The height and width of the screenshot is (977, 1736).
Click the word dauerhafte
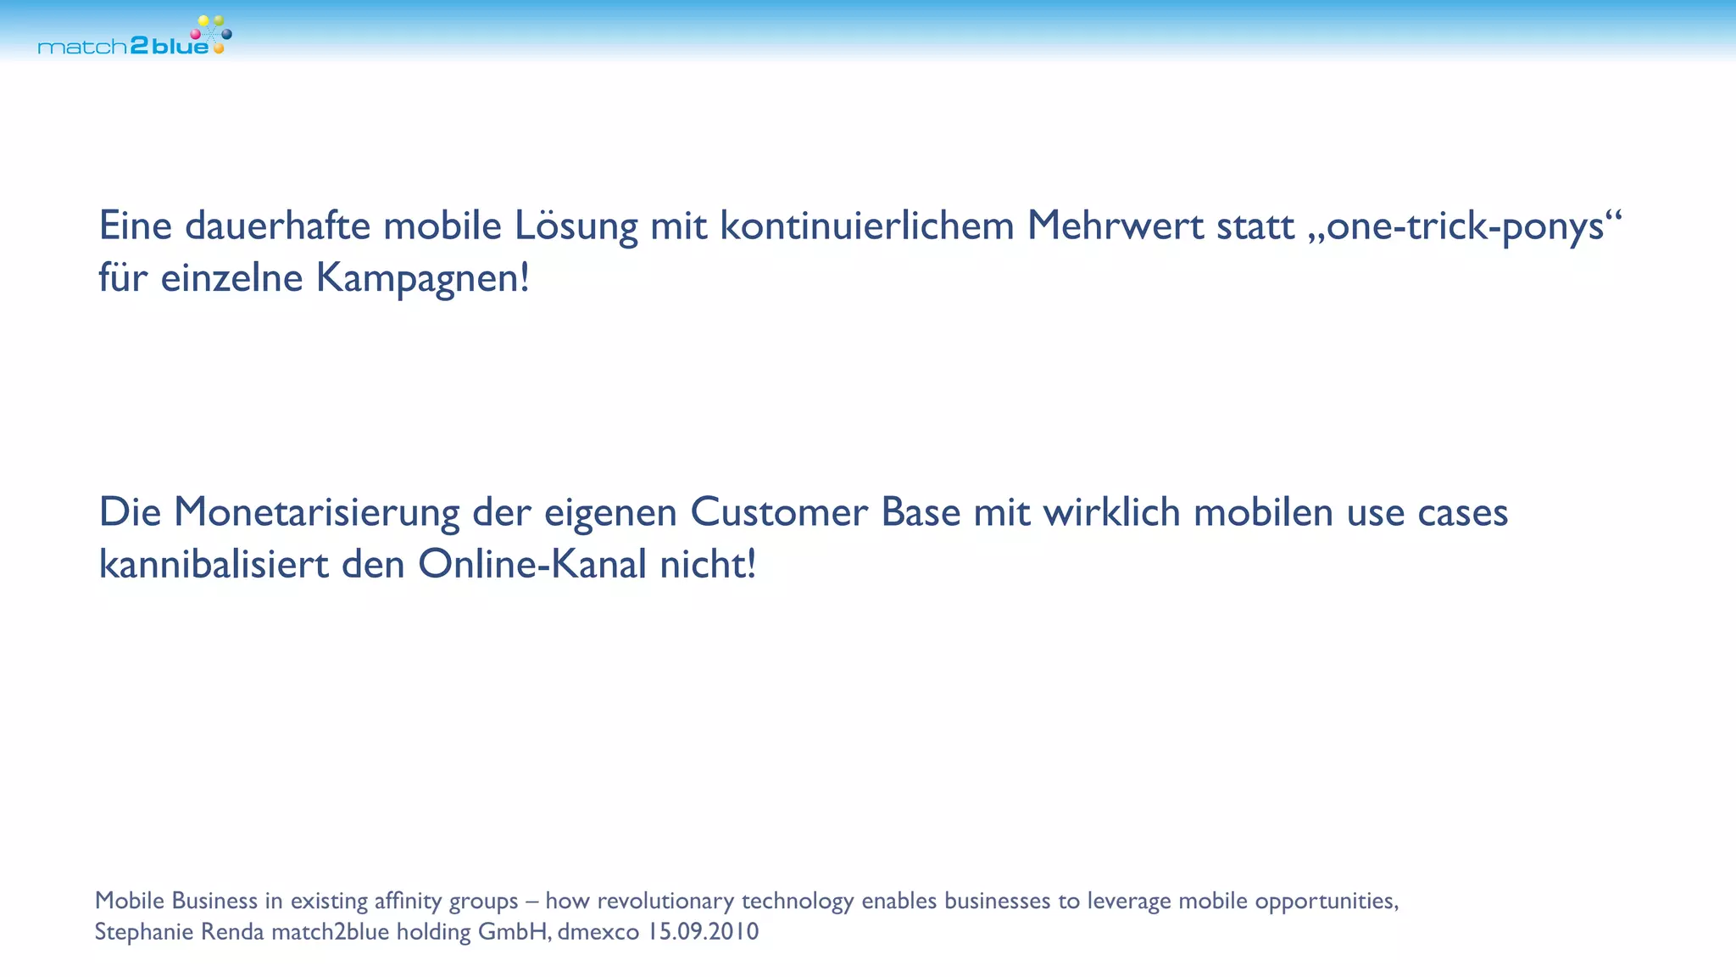(x=277, y=226)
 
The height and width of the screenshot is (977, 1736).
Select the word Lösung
(x=576, y=226)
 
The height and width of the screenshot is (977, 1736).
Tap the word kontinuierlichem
(x=867, y=226)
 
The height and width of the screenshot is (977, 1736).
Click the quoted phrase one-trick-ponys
(x=1466, y=226)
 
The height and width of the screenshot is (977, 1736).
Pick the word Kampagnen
(x=422, y=278)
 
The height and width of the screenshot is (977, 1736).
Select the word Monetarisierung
(x=316, y=512)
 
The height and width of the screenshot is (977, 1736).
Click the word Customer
(x=779, y=512)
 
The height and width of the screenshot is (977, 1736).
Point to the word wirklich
(x=1111, y=512)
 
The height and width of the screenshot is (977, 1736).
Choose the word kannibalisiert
(x=214, y=565)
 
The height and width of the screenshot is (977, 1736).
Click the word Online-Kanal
(x=532, y=565)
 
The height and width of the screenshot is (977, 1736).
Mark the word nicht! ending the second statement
(x=708, y=565)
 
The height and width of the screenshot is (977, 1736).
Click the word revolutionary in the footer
(x=665, y=901)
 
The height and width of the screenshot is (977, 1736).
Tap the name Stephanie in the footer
(x=144, y=932)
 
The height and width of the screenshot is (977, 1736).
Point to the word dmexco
(x=598, y=932)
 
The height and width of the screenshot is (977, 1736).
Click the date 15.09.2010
(x=703, y=932)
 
